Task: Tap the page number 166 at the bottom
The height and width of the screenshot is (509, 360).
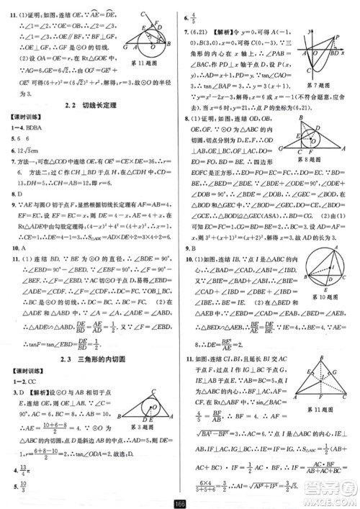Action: (180, 502)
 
